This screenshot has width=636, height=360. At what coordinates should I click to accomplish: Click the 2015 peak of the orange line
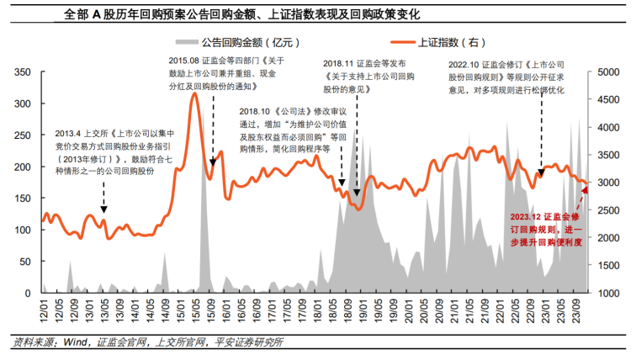tap(195, 93)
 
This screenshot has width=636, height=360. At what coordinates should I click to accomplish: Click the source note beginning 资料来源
tap(148, 341)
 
